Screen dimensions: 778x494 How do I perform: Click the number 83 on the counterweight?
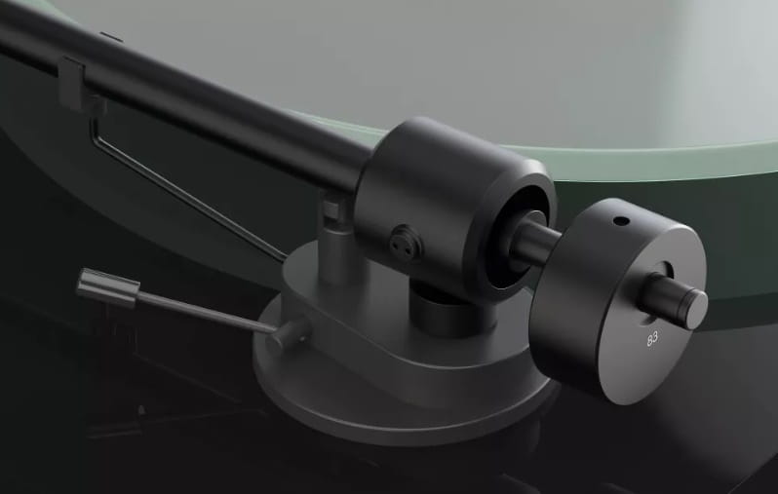coord(652,339)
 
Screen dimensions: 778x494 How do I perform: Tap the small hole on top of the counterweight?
coord(621,221)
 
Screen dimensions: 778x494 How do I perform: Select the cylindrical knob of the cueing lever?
coord(107,287)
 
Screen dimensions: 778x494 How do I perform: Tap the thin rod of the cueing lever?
coord(205,312)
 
